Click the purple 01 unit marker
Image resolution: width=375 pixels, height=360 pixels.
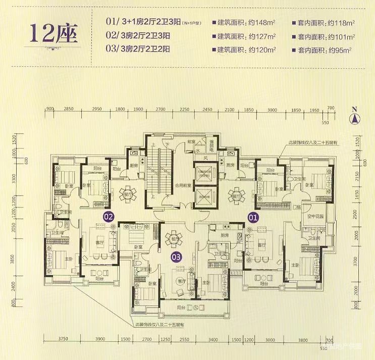pyautogui.click(x=252, y=218)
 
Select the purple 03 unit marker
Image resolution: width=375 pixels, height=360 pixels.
pyautogui.click(x=176, y=256)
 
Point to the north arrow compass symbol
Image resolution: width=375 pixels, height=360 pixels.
pyautogui.click(x=355, y=119)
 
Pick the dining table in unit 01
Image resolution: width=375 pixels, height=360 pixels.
pyautogui.click(x=235, y=194)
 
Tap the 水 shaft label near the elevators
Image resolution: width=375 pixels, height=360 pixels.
pyautogui.click(x=199, y=151)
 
